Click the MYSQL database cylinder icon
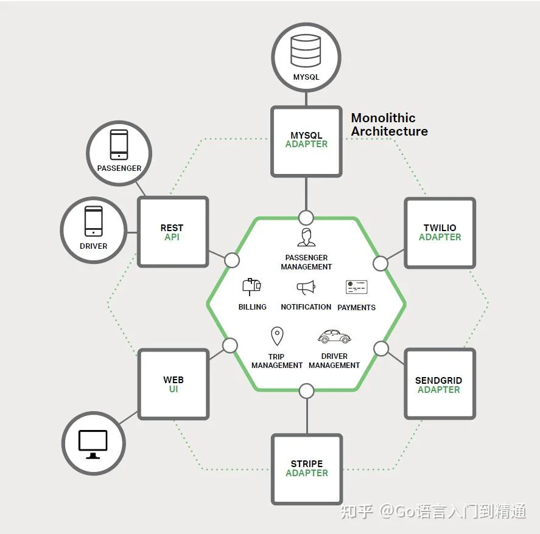[x=306, y=50]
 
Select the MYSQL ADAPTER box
[x=306, y=142]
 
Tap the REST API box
[x=173, y=232]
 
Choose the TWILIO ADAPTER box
[x=440, y=233]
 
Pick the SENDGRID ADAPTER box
[x=440, y=384]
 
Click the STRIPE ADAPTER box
[x=306, y=470]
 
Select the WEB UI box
[x=174, y=384]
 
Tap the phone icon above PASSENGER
[x=119, y=145]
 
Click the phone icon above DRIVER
[x=93, y=221]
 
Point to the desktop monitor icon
[x=93, y=444]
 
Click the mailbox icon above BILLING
[x=252, y=287]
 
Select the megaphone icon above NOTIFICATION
[x=306, y=288]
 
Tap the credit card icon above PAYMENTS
[x=356, y=287]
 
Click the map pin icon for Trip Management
[x=277, y=336]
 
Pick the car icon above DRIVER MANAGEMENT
[x=334, y=336]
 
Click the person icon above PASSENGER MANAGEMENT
[x=306, y=237]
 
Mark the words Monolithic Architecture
[x=389, y=125]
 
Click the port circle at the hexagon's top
[x=306, y=218]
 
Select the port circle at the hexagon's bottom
[x=306, y=391]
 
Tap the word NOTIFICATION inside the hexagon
[x=306, y=307]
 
